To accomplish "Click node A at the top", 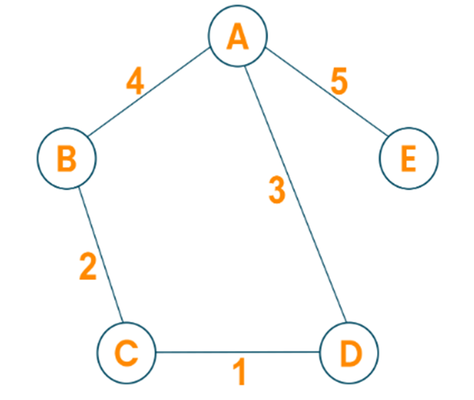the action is [237, 37].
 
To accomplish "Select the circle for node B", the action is [67, 159].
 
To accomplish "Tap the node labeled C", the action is [125, 352].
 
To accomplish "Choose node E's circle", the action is [407, 159].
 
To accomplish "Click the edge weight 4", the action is [134, 81].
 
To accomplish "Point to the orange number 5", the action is [339, 82].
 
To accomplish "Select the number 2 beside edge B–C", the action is [87, 266].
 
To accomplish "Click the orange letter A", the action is [237, 37].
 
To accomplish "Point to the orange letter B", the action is [67, 159].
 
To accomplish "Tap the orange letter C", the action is [125, 352].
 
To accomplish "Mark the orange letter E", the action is [407, 159].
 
